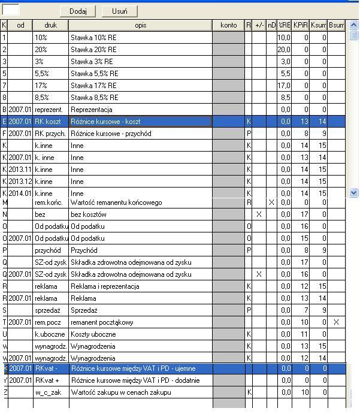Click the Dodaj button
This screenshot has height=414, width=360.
(78, 11)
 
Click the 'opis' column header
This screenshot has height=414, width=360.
(140, 25)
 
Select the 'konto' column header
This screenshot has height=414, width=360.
(228, 25)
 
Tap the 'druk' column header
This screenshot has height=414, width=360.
(50, 25)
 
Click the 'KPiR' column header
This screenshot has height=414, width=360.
(301, 25)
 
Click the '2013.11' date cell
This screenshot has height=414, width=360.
(20, 170)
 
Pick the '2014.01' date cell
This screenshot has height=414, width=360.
(20, 194)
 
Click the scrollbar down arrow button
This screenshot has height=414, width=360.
(353, 193)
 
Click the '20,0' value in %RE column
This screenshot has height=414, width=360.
(284, 50)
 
